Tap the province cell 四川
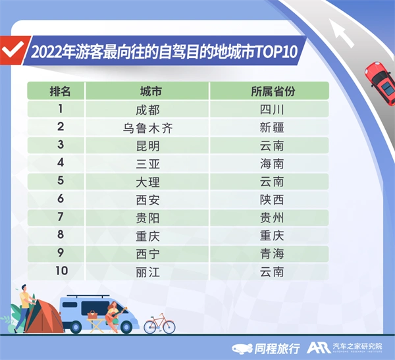pos(272,109)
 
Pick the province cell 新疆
pos(272,127)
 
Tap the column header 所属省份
pos(272,91)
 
